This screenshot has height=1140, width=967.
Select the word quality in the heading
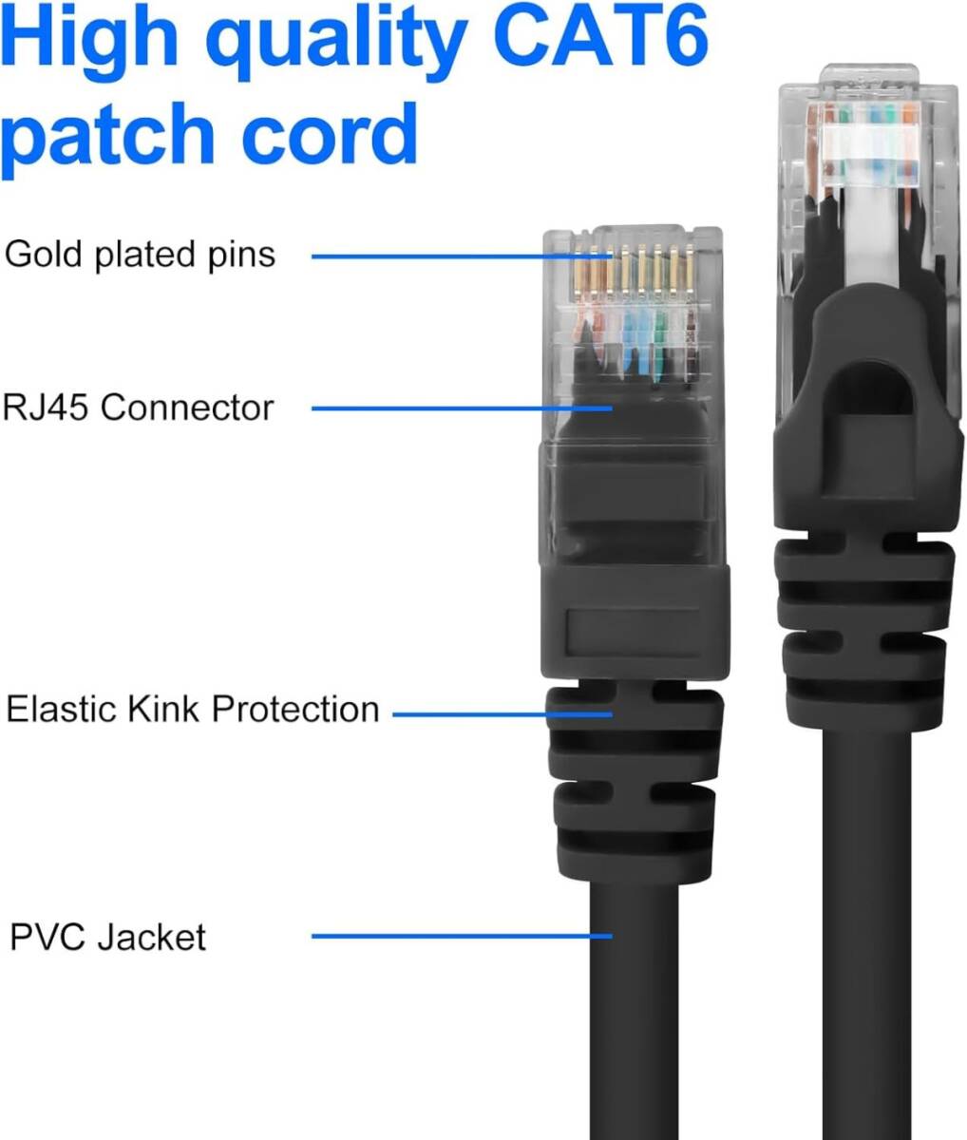(336, 44)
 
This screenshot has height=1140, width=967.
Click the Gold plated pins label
(140, 255)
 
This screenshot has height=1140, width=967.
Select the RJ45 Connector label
(138, 408)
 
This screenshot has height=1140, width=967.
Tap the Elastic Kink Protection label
(193, 709)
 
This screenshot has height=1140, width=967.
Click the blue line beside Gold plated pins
(463, 256)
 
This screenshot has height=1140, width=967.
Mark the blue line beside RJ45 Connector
(463, 408)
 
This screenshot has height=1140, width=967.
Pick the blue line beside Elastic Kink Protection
(502, 714)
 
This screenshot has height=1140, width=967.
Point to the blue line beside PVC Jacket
(463, 936)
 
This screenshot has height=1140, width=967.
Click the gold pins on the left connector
(633, 269)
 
